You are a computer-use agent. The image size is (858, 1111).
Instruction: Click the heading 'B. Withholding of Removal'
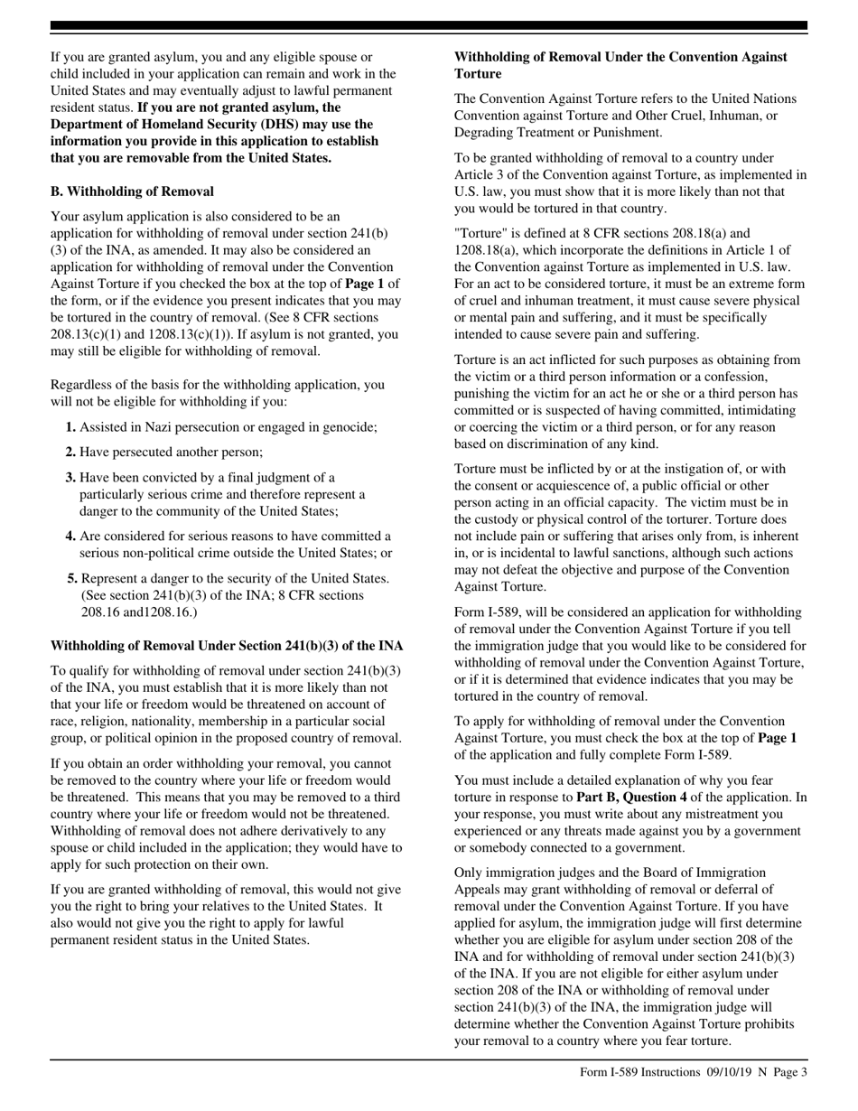click(132, 191)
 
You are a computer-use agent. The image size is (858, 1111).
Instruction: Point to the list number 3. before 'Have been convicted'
click(70, 477)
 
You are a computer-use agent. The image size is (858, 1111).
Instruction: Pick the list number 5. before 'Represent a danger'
click(72, 578)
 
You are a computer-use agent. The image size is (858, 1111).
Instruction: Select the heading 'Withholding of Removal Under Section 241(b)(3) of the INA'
click(227, 646)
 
